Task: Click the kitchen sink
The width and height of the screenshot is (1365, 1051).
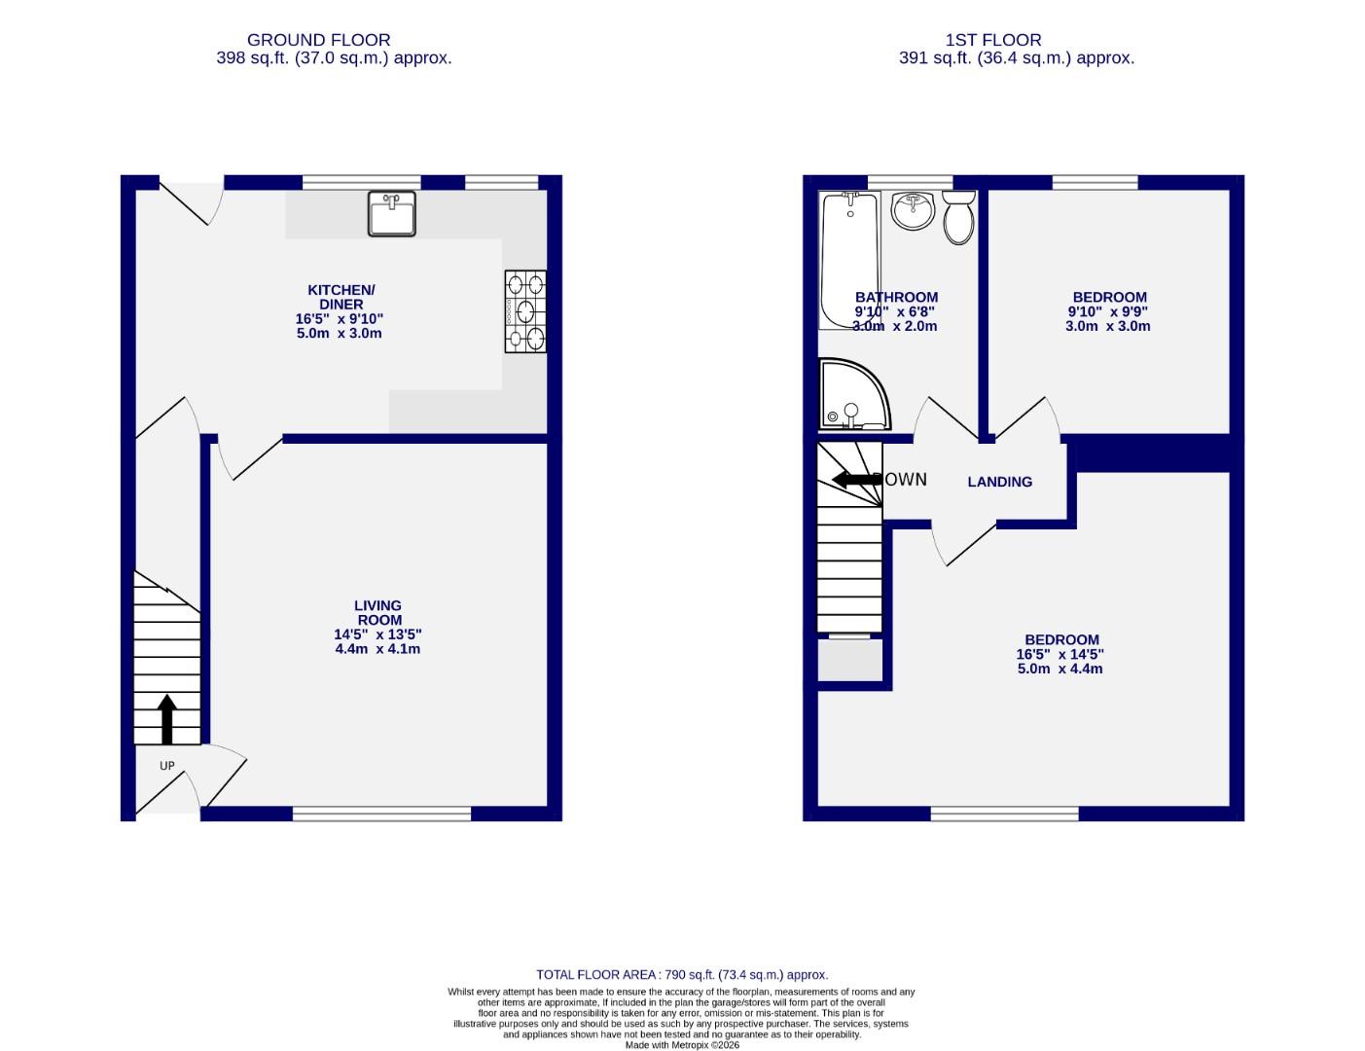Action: [391, 214]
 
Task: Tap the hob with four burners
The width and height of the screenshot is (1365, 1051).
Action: [524, 311]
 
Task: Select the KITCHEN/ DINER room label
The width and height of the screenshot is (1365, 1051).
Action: [341, 297]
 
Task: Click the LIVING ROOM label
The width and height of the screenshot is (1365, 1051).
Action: [378, 612]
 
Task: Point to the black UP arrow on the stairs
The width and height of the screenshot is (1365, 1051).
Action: [167, 719]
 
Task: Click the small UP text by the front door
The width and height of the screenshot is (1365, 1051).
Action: [167, 766]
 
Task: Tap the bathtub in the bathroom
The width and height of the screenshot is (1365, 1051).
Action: [848, 260]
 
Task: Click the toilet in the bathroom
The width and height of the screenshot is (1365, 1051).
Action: [958, 216]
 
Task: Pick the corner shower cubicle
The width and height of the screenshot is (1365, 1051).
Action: [852, 395]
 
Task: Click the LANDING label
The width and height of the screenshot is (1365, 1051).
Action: [999, 482]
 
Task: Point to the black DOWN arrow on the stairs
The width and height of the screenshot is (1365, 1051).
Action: [857, 479]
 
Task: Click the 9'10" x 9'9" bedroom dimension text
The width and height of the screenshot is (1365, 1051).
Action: [1108, 312]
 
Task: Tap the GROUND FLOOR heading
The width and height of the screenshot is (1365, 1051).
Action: [318, 40]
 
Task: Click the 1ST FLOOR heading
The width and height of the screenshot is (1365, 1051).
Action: [992, 40]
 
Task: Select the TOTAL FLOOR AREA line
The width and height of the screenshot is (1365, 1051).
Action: [682, 974]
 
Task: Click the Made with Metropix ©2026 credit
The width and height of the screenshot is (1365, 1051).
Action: [682, 1045]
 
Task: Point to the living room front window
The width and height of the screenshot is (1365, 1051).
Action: [381, 814]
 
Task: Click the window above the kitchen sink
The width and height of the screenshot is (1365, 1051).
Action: [361, 182]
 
